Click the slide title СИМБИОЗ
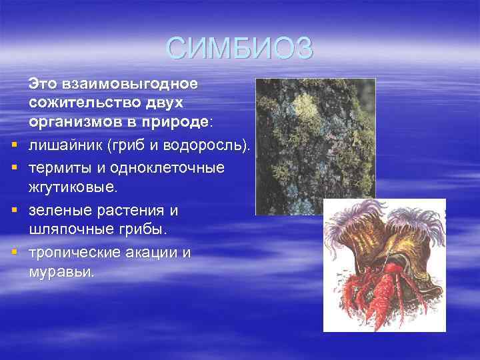239,48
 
